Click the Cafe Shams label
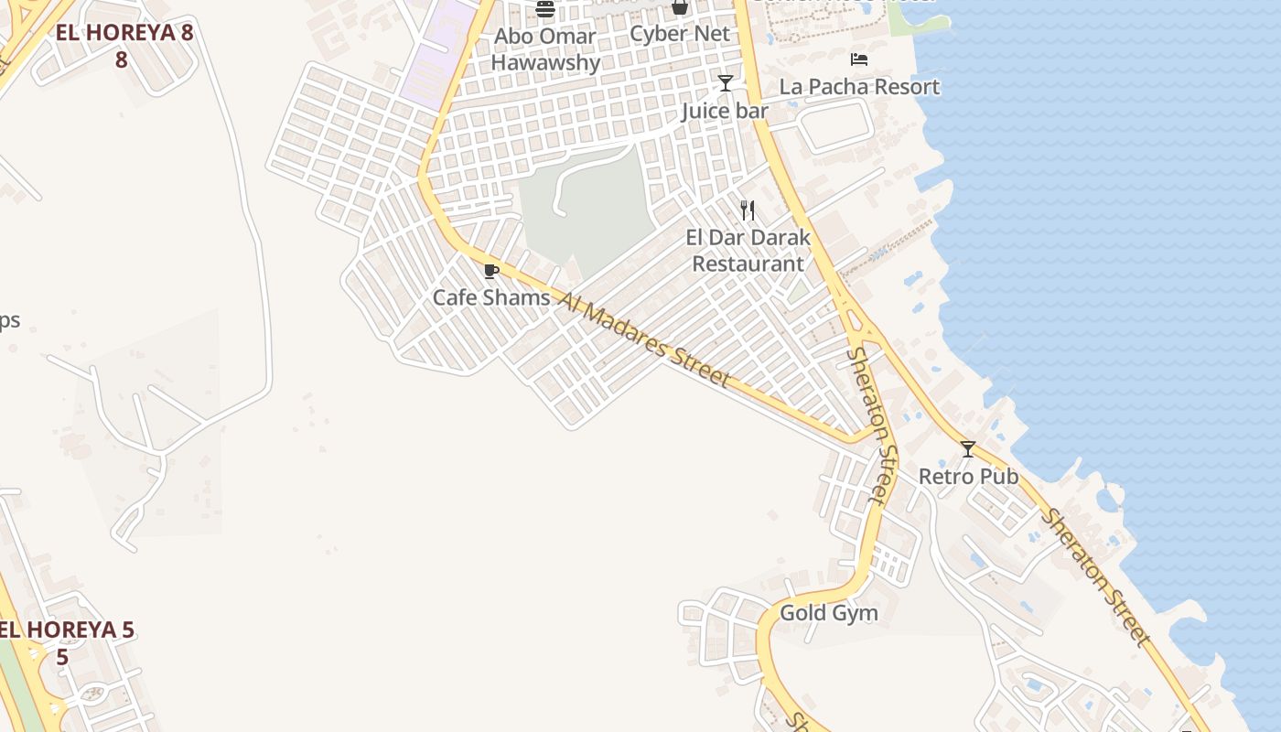(x=491, y=297)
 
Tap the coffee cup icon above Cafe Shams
(x=491, y=271)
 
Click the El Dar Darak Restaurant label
(x=748, y=251)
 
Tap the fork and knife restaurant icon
(x=748, y=210)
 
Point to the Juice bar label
(x=725, y=112)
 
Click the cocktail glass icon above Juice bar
(x=726, y=83)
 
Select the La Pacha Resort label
(x=859, y=87)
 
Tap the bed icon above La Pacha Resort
(x=858, y=59)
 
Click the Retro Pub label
(x=968, y=476)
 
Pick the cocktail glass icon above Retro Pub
(x=968, y=448)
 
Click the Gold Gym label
(x=828, y=613)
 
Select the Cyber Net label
(x=680, y=34)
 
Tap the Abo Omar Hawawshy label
(x=545, y=49)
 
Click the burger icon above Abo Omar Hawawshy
(x=545, y=9)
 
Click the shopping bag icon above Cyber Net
(x=680, y=7)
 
